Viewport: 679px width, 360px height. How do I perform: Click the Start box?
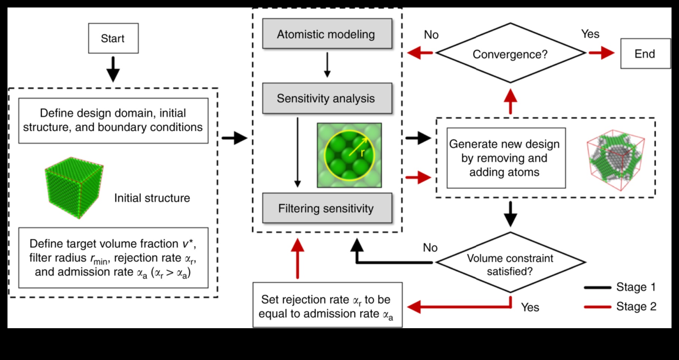[x=113, y=38]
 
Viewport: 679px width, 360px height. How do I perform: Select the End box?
[x=645, y=54]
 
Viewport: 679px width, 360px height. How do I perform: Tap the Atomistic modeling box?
[x=327, y=34]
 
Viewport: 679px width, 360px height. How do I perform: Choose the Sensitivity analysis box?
[x=327, y=98]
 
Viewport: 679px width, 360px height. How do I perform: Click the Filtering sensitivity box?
[x=327, y=208]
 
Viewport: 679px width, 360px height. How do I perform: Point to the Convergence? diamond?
[x=510, y=54]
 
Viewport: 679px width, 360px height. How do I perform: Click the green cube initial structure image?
[x=74, y=187]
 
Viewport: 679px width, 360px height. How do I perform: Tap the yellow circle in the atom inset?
[x=349, y=155]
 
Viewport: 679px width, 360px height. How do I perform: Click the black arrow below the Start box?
[x=113, y=69]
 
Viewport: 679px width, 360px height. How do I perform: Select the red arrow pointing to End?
[x=602, y=53]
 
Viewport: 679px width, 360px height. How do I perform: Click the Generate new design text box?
[x=506, y=158]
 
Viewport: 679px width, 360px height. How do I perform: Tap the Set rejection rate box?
[x=327, y=305]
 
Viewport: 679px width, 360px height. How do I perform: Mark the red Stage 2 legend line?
[x=597, y=307]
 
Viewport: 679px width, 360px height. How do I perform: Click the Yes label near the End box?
[x=590, y=34]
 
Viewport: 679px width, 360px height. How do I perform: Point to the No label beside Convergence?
[x=431, y=35]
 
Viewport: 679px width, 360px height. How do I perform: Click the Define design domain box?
[x=113, y=120]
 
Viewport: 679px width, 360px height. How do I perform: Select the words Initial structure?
[x=152, y=198]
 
